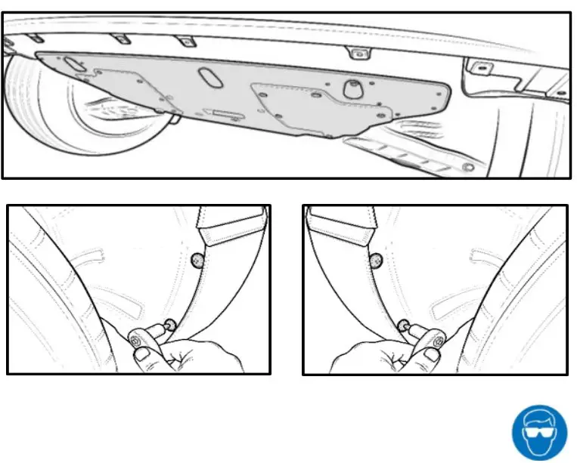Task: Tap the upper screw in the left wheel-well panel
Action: click(x=197, y=261)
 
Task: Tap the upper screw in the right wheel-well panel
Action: click(x=374, y=261)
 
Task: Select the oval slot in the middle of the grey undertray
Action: click(x=208, y=79)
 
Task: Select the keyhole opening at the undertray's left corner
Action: click(x=73, y=65)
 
